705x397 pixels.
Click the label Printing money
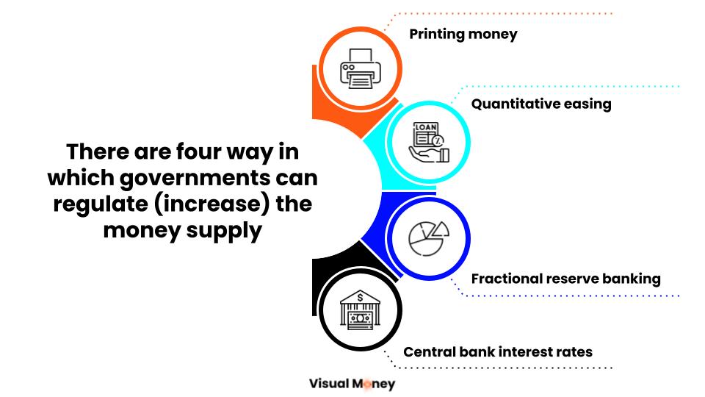pos(463,34)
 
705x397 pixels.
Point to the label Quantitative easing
pos(540,104)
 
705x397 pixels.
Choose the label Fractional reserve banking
pos(565,279)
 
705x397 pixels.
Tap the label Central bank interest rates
pos(497,351)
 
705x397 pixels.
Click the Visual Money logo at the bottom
pos(352,383)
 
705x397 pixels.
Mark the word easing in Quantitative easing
pos(586,104)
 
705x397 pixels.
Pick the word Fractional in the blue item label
pos(507,279)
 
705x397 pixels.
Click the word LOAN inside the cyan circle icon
pos(425,128)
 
